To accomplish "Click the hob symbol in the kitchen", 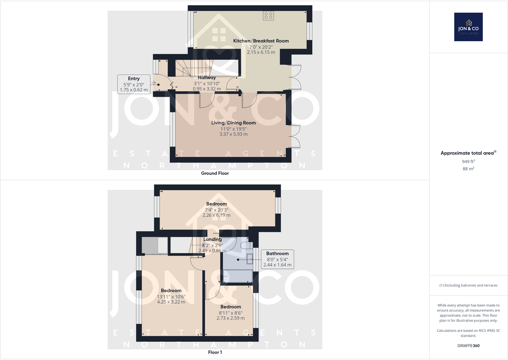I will click(268, 16).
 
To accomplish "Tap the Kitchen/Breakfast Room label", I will click(261, 41).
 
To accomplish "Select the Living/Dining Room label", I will click(233, 123).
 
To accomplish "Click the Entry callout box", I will click(134, 84).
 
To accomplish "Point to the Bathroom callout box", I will click(277, 259).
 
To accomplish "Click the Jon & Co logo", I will click(468, 27).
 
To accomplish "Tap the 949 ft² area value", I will click(468, 162).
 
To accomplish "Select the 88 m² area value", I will click(468, 169).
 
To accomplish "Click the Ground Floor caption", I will click(215, 173).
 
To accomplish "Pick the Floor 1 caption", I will click(215, 352).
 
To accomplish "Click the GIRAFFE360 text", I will click(468, 346).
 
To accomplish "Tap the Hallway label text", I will click(207, 78).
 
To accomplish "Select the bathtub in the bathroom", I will click(238, 276).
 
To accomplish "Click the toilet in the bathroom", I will click(246, 245).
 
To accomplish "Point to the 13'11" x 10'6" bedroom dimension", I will click(171, 297).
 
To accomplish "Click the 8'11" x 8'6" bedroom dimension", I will click(230, 313).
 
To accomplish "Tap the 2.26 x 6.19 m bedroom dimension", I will click(216, 215).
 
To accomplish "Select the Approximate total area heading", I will click(468, 153).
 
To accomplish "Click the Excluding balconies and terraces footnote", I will click(468, 286).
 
